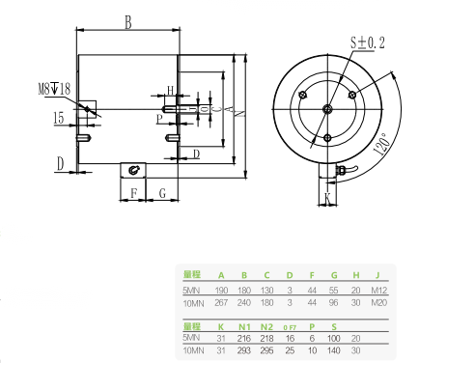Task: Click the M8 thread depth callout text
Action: pos(55,90)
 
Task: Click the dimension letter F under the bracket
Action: pos(133,193)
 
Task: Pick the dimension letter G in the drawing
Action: pos(162,193)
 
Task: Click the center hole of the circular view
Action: pos(328,108)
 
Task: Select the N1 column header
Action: pos(243,326)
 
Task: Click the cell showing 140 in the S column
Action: pos(335,352)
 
